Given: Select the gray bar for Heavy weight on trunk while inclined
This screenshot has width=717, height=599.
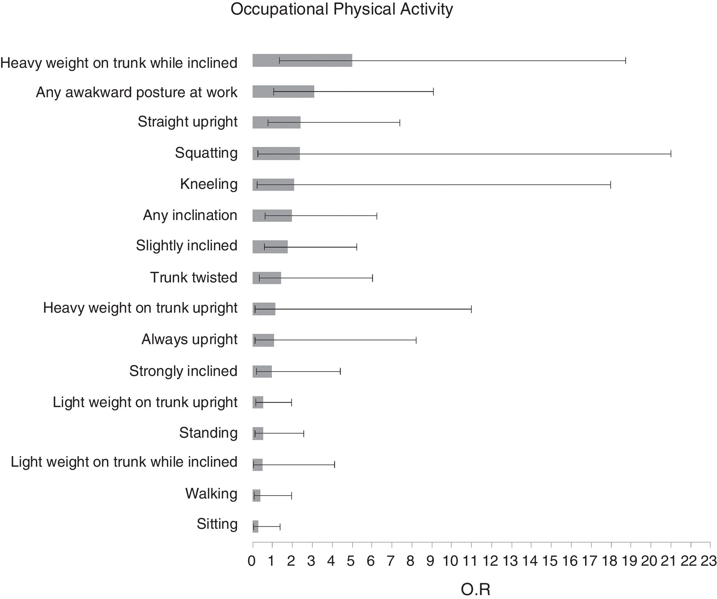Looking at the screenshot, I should [302, 61].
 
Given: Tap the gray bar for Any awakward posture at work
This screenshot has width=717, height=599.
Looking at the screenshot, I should [283, 91].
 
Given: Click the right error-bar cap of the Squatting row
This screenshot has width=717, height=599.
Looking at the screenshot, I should [671, 154].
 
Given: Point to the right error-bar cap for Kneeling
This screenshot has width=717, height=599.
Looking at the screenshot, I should [611, 185].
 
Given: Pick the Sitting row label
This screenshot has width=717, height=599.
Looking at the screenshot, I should [217, 524].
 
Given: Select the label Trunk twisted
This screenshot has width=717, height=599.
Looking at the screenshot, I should [194, 277].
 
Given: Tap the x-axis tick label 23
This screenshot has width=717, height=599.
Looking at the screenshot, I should [709, 561].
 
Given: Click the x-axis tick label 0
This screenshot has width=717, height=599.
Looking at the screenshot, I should [252, 561].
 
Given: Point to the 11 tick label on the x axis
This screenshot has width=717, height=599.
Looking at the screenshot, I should [470, 561].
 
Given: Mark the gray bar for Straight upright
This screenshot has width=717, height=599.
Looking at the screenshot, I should [276, 123].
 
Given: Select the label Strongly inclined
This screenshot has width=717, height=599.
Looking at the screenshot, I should [183, 371].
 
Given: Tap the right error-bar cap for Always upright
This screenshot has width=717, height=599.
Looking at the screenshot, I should [416, 340].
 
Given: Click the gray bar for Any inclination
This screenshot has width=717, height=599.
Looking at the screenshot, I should [272, 216].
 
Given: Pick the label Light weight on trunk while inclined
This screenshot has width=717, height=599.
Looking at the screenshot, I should [124, 462].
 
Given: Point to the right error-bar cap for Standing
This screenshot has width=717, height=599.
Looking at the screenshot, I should [303, 434].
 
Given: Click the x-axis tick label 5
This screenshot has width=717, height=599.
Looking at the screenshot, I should [351, 561].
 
